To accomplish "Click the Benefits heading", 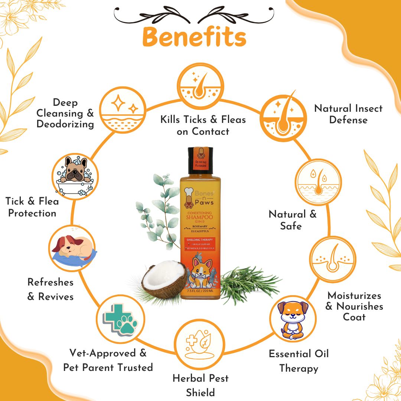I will point(194,38).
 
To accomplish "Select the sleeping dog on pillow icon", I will point(73,248).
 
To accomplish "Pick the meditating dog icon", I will point(293,319).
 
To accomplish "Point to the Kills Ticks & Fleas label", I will point(203,125).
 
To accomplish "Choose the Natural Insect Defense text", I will point(348,114).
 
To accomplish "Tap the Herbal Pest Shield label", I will point(200,385).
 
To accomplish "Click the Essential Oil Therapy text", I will point(299,361).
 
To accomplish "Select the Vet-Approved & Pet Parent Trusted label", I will point(108,360).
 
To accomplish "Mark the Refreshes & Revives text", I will point(50,289).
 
